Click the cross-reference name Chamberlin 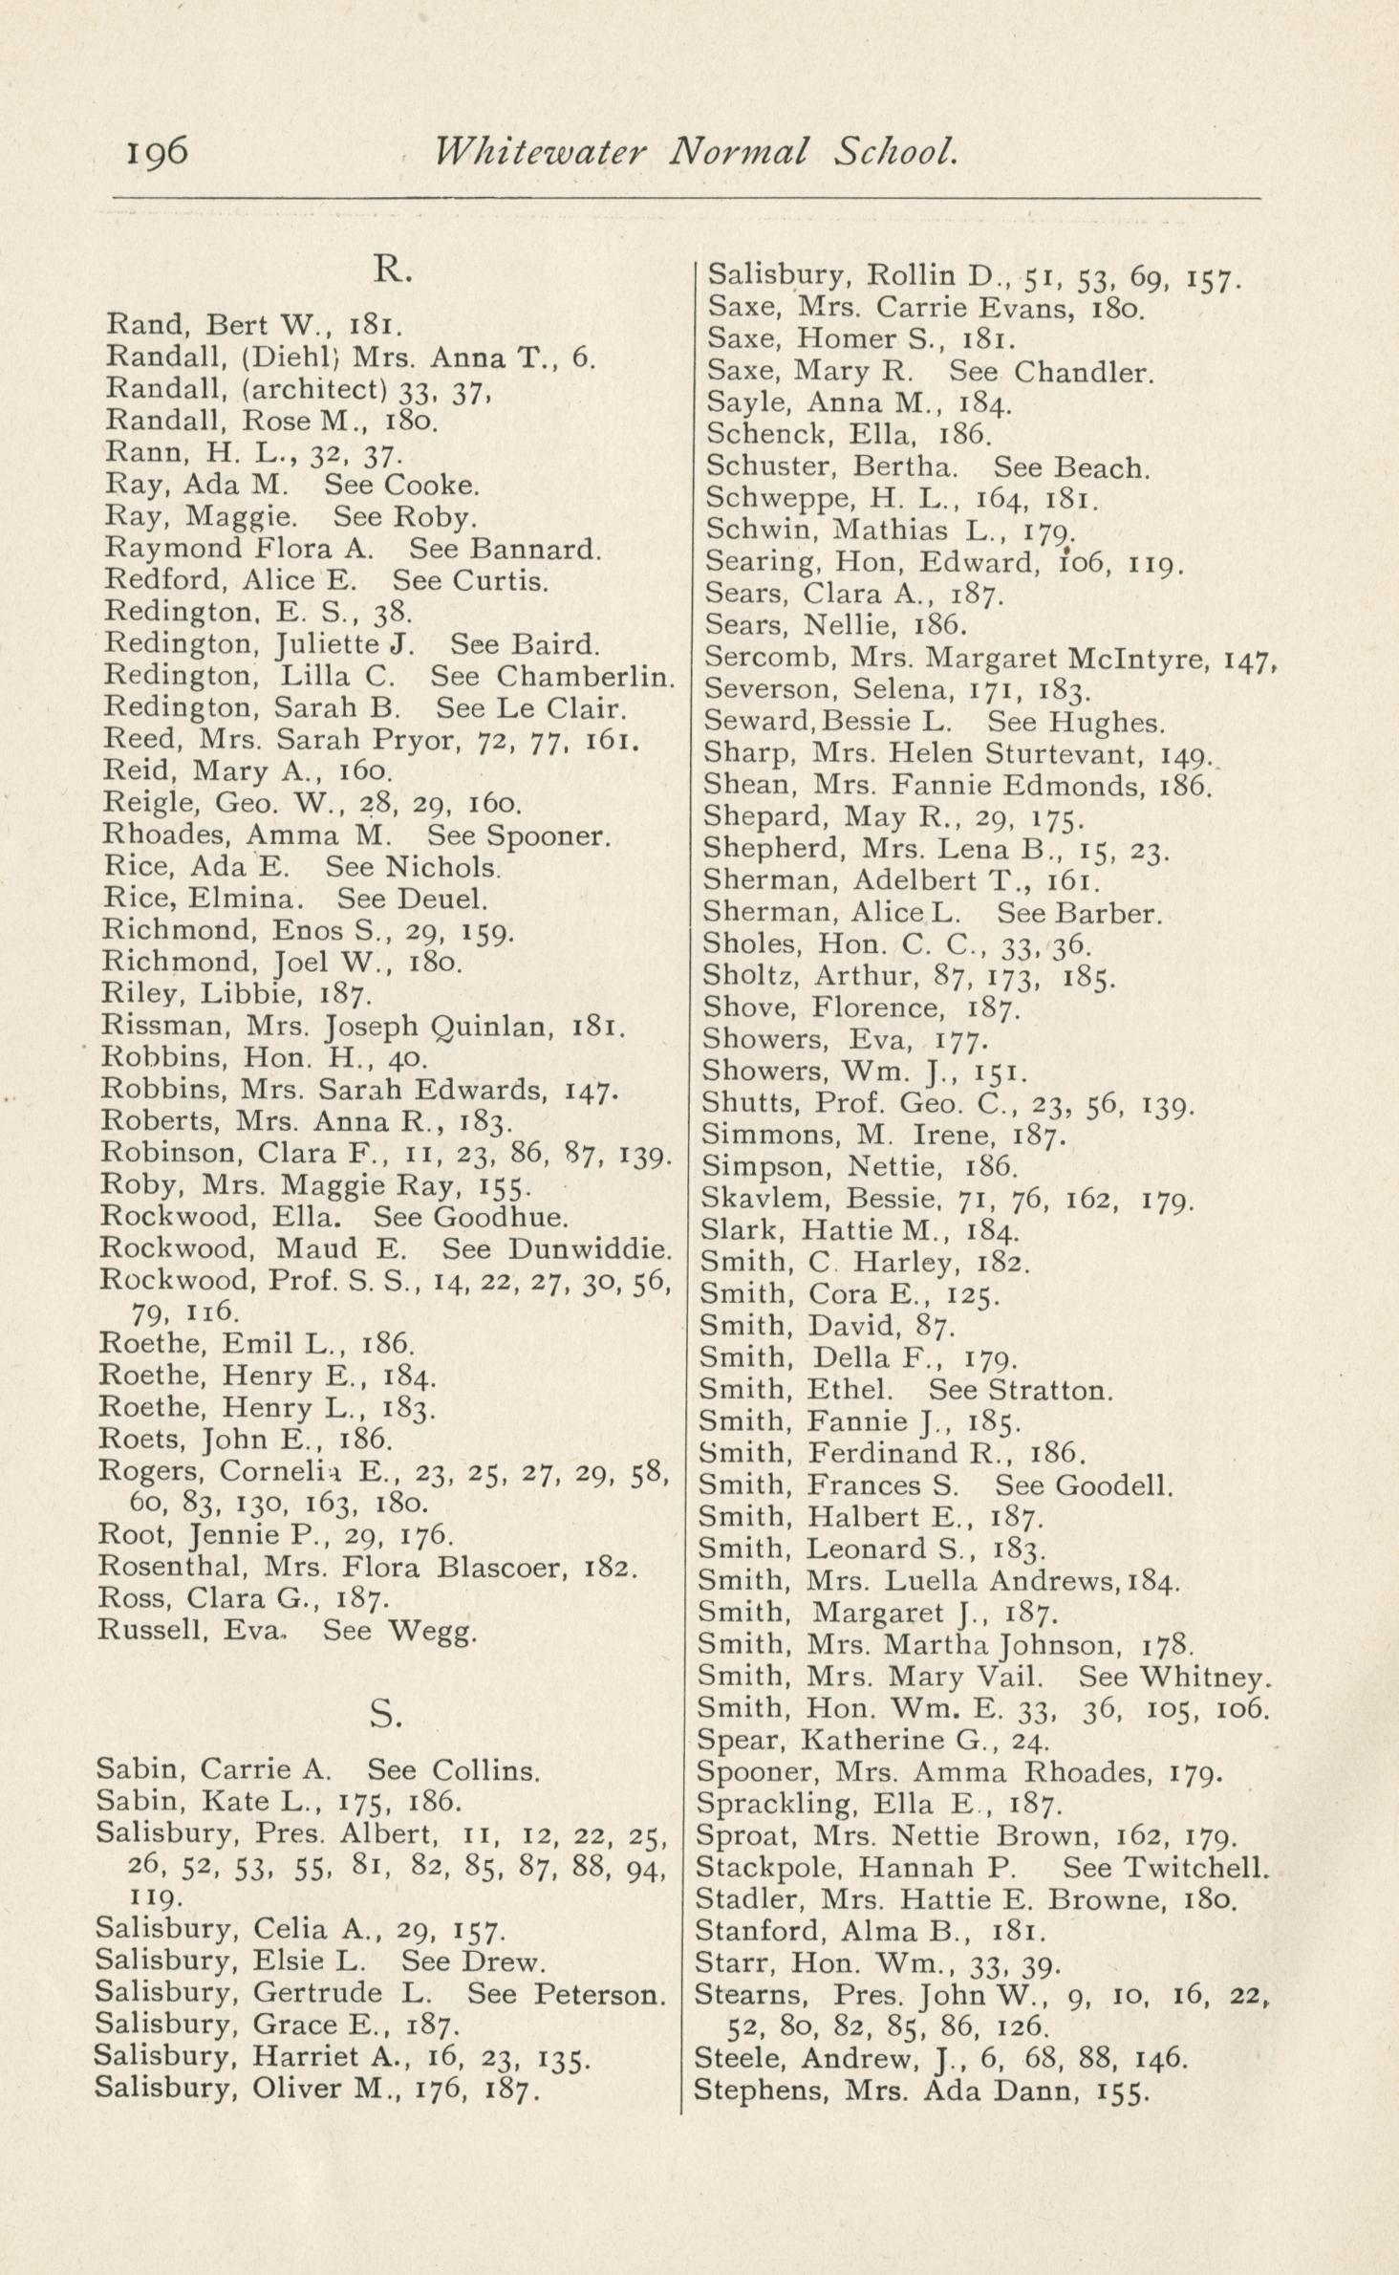coord(586,676)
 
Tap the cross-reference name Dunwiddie coord(591,1249)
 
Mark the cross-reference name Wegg coord(432,1631)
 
